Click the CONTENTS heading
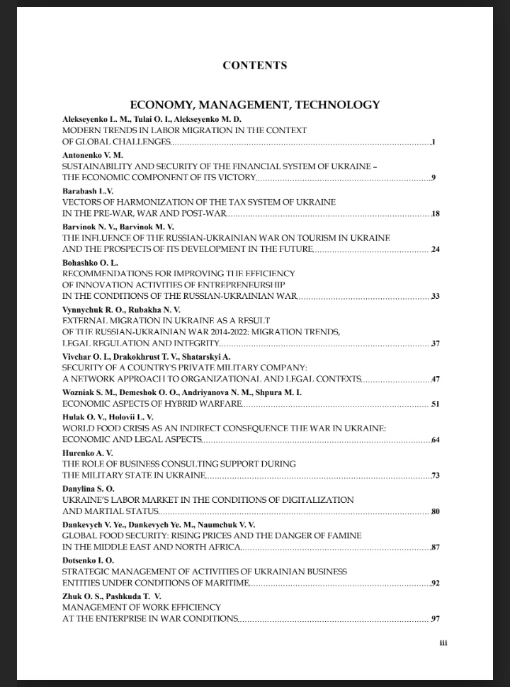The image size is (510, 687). tap(254, 65)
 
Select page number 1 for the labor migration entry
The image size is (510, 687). tap(433, 142)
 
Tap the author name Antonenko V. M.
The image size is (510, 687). tap(93, 154)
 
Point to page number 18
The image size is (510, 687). tap(435, 214)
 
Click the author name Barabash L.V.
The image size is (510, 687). tap(88, 191)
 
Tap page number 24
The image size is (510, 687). tap(435, 249)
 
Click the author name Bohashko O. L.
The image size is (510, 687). tap(90, 262)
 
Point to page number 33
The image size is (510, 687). tap(435, 296)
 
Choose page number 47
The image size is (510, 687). tap(435, 380)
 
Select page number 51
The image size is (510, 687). tap(435, 404)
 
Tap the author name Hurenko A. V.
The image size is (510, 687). tap(88, 453)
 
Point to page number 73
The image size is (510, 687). tap(435, 476)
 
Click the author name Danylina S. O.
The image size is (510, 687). tap(89, 489)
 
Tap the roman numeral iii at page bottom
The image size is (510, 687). tap(443, 643)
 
